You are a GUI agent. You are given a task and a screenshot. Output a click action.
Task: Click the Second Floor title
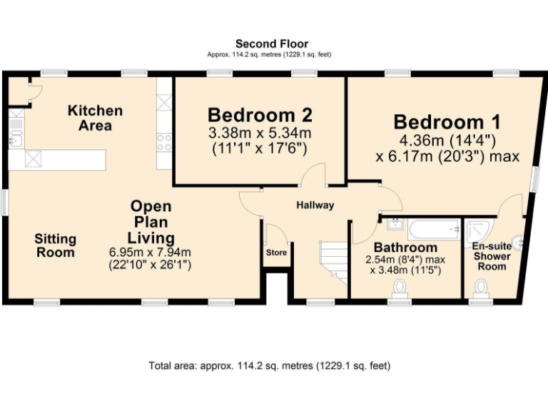coord(272,44)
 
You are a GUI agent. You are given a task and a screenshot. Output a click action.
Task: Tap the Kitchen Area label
coord(95,118)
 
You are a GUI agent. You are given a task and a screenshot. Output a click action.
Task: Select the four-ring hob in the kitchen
coord(164,143)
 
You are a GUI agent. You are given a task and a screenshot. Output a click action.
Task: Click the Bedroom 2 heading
coord(260,115)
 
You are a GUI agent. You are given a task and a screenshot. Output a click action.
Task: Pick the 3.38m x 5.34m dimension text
coord(260,133)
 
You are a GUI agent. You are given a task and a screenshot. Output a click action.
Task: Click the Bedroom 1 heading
coord(447,121)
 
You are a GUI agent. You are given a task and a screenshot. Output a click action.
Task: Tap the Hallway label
coord(315,205)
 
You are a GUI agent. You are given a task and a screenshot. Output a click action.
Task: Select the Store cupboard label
coord(277,253)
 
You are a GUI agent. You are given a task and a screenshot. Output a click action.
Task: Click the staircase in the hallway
coord(332,261)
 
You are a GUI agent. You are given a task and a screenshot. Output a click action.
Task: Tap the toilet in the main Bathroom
coord(400,287)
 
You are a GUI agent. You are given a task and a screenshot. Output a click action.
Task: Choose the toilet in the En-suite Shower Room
coord(482,287)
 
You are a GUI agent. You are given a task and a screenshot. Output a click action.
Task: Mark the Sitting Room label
coord(55,245)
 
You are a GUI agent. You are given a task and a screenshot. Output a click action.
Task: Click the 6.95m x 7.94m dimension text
coord(150,252)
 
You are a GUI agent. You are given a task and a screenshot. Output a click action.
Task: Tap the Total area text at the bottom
coord(270,366)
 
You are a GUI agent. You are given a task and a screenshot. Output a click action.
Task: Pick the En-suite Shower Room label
coord(492,255)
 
